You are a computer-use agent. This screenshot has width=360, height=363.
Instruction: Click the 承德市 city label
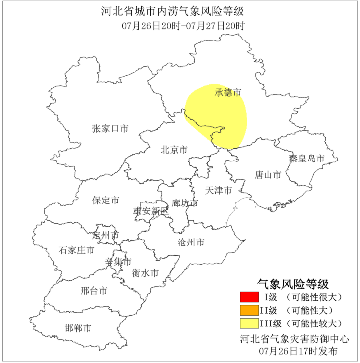(228, 93)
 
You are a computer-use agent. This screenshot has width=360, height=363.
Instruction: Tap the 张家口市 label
(110, 129)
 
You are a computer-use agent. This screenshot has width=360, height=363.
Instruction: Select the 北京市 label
(174, 149)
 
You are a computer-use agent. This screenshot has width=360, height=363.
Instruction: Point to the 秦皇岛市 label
(307, 159)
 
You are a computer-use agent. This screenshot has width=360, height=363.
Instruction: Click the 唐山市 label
(268, 175)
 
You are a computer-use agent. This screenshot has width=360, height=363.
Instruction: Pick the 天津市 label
(219, 190)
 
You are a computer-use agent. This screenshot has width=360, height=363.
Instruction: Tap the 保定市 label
(106, 201)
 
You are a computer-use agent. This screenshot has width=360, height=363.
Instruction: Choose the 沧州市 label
(191, 242)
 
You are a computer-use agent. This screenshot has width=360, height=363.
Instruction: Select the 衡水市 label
(145, 273)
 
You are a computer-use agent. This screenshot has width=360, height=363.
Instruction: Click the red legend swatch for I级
(249, 297)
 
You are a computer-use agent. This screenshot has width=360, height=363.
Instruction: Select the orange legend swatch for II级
(249, 311)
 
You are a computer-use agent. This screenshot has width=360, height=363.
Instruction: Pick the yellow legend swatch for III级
(249, 324)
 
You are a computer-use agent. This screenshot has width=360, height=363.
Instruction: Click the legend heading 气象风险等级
(293, 284)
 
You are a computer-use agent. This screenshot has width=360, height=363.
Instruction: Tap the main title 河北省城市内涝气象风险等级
(173, 11)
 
